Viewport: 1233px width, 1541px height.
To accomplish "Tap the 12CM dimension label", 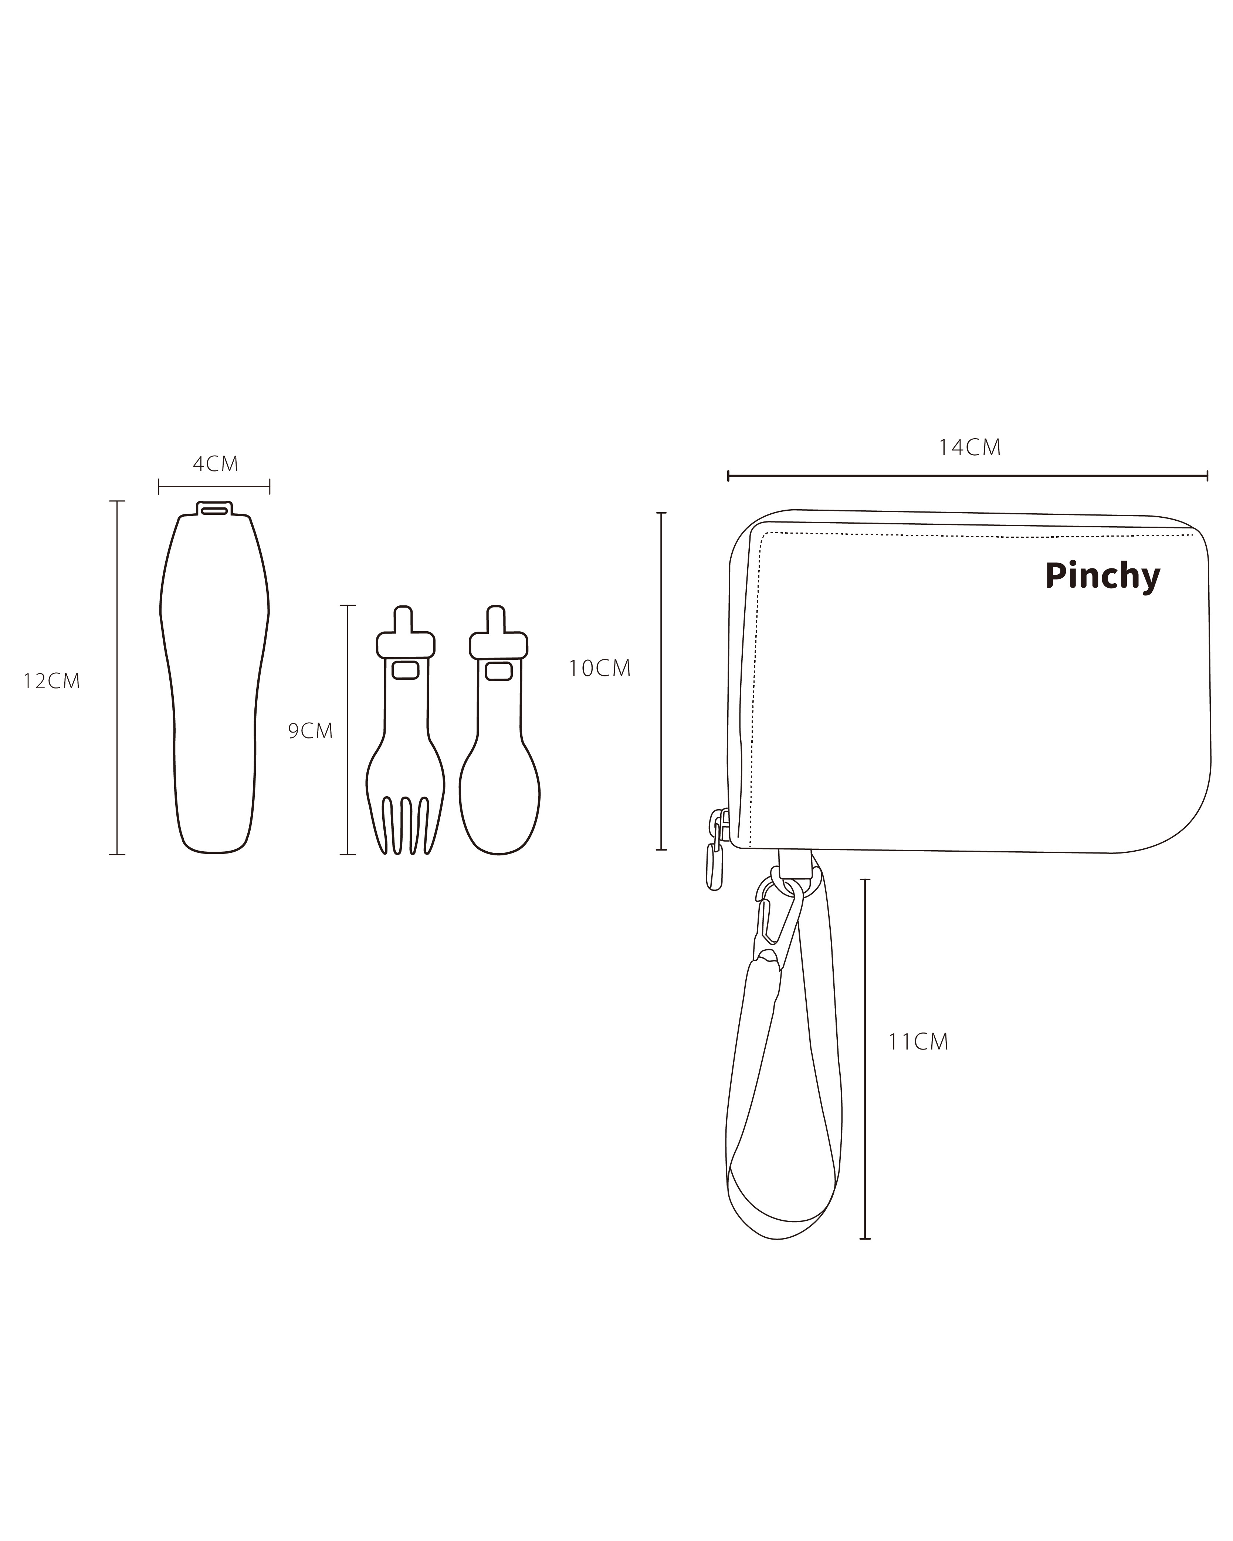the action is click(51, 681).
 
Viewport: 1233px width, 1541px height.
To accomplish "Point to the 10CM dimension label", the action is click(599, 668).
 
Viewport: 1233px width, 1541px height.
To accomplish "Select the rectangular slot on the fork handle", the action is click(406, 670).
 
